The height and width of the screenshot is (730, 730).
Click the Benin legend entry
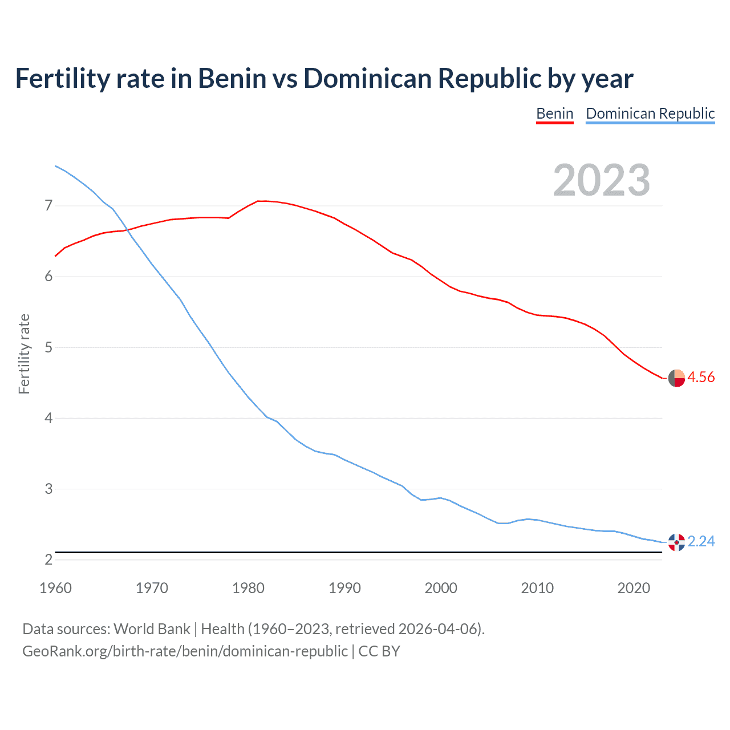tap(554, 113)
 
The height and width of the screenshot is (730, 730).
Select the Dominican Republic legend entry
tap(650, 113)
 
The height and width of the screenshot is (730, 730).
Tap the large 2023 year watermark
tap(601, 180)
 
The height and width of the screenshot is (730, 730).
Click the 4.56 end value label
tap(701, 377)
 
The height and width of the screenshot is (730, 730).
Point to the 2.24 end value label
tap(701, 541)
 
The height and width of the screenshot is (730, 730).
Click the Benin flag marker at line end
tap(676, 378)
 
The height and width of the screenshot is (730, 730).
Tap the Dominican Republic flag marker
tap(676, 542)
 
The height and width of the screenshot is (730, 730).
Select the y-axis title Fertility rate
tap(24, 354)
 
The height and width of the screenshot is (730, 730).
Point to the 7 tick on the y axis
tap(48, 205)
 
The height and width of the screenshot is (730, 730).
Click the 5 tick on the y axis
tap(48, 347)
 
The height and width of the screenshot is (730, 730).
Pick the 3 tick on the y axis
tap(48, 489)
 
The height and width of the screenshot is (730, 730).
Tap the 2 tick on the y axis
tap(48, 559)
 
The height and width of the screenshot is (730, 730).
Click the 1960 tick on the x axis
tap(55, 588)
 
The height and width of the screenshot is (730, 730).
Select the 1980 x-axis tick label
tap(248, 588)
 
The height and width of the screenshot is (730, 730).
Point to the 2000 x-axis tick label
tap(441, 588)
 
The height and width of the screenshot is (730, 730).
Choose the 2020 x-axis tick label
tap(634, 588)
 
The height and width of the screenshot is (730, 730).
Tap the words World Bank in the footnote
tap(152, 629)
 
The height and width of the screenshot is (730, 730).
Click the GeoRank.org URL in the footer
tap(185, 651)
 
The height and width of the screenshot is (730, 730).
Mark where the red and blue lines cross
tap(126, 230)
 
